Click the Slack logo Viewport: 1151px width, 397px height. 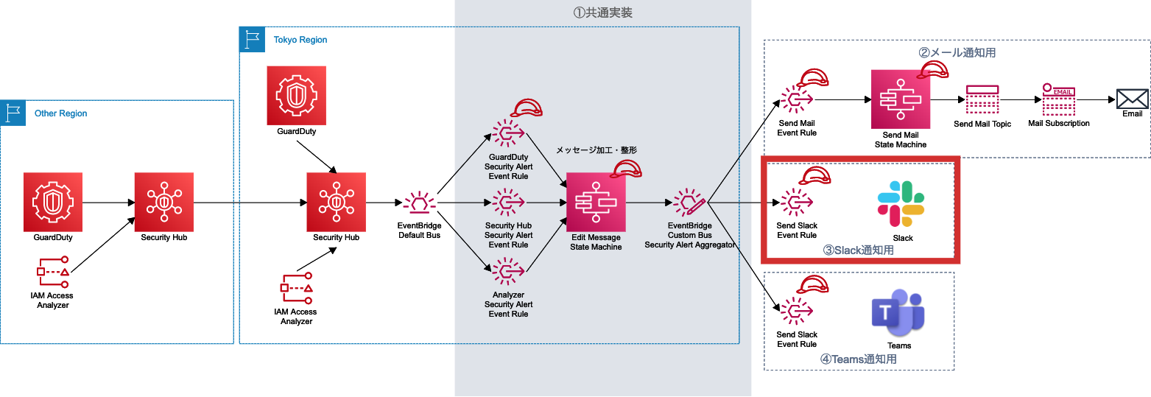coord(901,204)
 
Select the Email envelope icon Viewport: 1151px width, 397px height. coord(1133,99)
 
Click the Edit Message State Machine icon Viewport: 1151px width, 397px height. coord(596,202)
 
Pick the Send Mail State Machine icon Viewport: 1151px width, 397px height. coord(901,99)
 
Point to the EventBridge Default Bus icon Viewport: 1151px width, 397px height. coord(419,203)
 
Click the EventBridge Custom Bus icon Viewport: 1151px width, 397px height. coord(689,203)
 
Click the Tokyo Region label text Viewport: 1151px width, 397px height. coord(300,40)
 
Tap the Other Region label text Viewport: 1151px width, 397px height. coord(60,113)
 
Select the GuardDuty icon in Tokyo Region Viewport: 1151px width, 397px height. coord(297,96)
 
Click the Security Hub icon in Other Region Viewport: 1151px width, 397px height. coord(164,202)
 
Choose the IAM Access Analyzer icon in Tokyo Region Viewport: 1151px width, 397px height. coord(297,289)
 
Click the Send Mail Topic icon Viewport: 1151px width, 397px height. coord(982,99)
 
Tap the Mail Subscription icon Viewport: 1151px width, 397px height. coord(1058,99)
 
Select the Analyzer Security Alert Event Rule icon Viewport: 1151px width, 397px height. coord(508,272)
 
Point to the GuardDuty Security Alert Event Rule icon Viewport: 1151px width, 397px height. coord(508,134)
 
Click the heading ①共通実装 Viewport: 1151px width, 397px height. coord(602,13)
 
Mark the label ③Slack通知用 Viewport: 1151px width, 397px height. coord(858,250)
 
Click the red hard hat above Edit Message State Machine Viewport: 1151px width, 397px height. coord(626,169)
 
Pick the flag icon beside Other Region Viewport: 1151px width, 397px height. coord(13,113)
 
